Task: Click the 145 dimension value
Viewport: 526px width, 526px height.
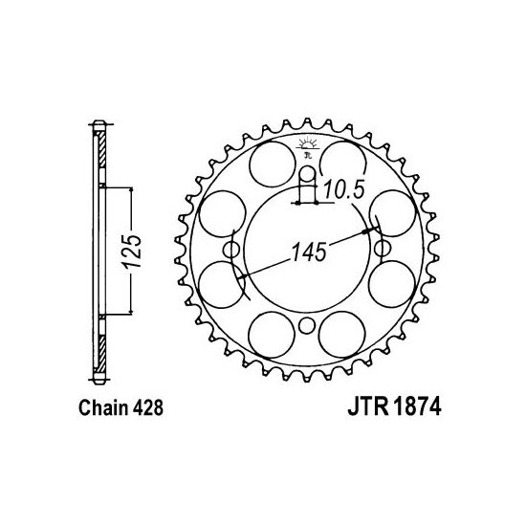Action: pos(309,252)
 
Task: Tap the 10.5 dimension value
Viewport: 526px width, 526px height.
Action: pos(344,190)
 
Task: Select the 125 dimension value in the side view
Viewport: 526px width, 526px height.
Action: pos(132,252)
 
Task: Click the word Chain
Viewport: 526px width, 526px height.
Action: pos(103,407)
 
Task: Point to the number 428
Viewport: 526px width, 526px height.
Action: pos(148,407)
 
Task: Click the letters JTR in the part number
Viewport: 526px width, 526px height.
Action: pos(367,406)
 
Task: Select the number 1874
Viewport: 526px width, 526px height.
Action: pos(417,406)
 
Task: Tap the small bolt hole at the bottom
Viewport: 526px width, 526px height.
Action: pos(306,325)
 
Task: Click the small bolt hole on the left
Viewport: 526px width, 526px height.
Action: pos(230,250)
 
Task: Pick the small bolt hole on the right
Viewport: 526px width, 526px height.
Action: pos(383,249)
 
